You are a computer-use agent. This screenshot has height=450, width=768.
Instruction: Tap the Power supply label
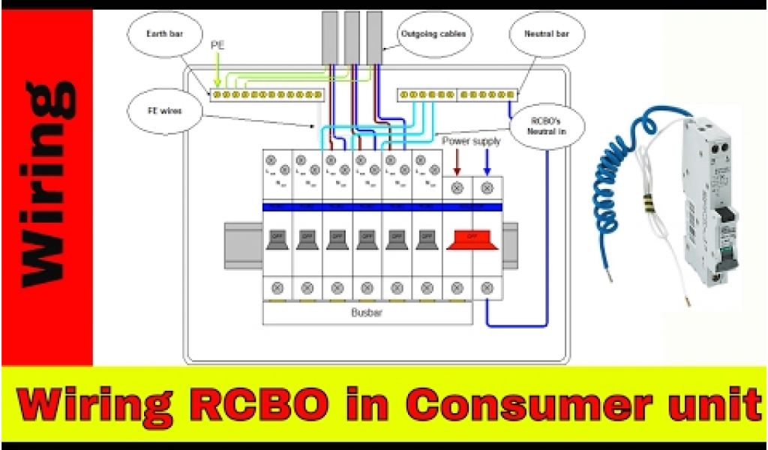[x=470, y=140]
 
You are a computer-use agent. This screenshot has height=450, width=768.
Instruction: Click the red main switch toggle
[x=472, y=238]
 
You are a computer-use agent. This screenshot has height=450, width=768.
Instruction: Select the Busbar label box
[x=367, y=313]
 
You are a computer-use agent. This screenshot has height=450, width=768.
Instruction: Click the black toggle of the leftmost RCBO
[x=277, y=238]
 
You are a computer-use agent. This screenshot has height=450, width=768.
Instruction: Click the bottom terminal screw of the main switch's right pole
[x=487, y=286]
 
